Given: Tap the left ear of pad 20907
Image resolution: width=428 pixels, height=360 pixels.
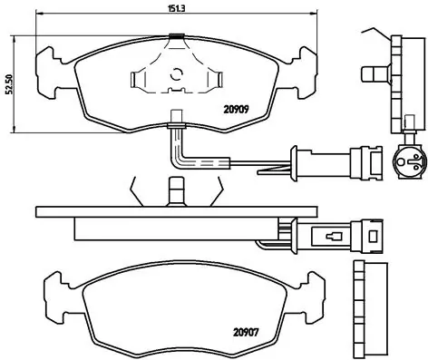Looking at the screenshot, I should click(x=53, y=289).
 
